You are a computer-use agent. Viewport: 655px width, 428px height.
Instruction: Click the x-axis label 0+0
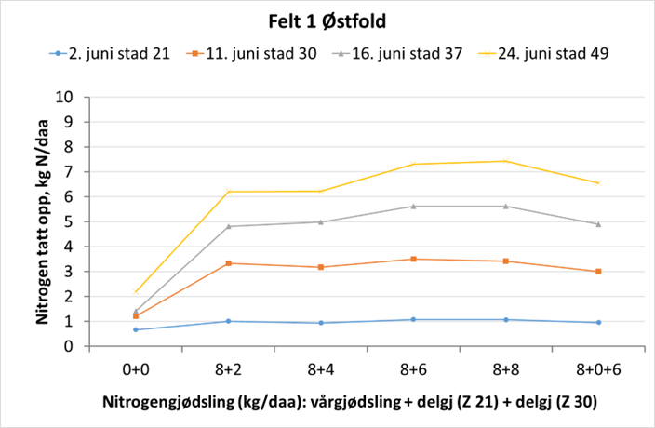(136, 369)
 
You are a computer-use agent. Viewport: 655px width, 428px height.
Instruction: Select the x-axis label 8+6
(413, 369)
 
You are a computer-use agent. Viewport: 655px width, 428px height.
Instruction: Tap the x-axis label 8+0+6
(597, 369)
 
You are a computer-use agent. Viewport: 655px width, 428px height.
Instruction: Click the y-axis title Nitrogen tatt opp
(43, 221)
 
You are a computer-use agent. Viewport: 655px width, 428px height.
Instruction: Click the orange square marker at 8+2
(228, 263)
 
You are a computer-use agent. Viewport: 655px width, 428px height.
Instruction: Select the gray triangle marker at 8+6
(413, 206)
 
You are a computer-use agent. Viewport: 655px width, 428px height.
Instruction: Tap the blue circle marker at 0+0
(136, 329)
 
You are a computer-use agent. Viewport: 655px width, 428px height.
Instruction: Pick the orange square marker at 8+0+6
(597, 271)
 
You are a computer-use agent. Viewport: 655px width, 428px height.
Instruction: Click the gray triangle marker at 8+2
(228, 226)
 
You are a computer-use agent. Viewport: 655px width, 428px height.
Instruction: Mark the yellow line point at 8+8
(505, 161)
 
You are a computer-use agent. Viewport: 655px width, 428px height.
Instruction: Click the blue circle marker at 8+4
(321, 323)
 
